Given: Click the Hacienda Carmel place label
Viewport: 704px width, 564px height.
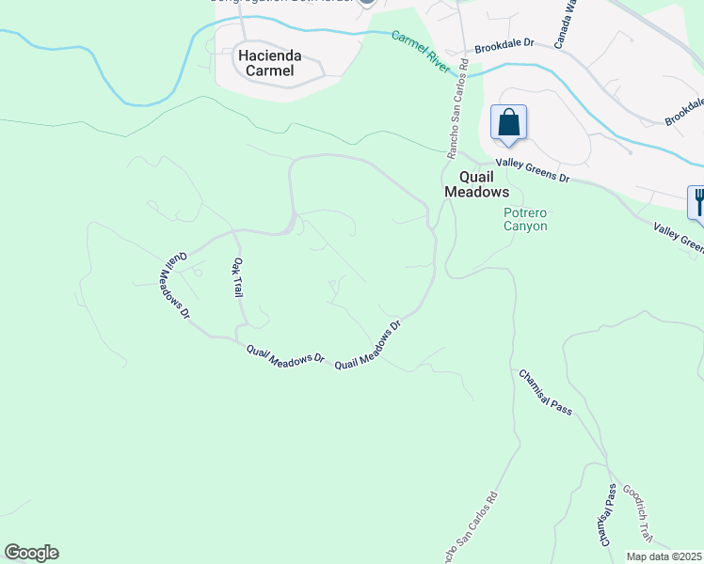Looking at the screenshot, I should click(x=265, y=63).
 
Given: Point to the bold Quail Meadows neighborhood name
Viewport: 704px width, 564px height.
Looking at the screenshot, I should click(x=484, y=183).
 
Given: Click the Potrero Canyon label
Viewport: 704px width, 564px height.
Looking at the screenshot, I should click(x=525, y=219).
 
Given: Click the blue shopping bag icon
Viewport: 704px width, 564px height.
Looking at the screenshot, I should click(x=508, y=123).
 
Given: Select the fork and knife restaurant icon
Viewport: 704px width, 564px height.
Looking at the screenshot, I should click(x=697, y=201).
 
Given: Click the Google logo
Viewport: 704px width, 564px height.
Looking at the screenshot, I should click(x=31, y=553).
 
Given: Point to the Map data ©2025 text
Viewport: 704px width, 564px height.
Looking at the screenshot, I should click(x=664, y=556).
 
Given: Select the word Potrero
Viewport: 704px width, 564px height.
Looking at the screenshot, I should click(x=525, y=212).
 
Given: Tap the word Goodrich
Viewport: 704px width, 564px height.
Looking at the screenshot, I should click(x=637, y=507).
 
